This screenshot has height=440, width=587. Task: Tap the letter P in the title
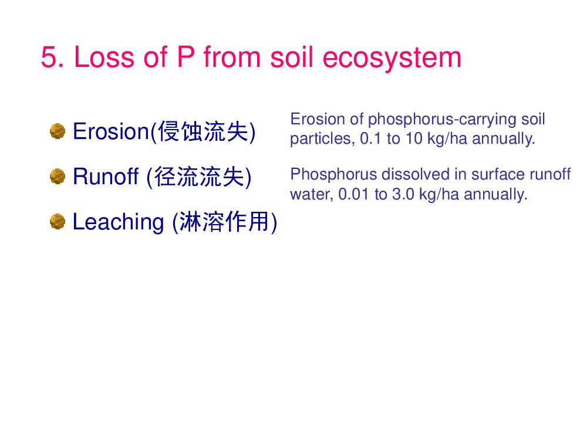(185, 57)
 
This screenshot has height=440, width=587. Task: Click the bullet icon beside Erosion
(58, 131)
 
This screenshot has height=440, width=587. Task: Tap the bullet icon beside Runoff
(58, 176)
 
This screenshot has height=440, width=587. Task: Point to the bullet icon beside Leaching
(58, 222)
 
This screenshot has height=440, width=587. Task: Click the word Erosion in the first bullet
(111, 131)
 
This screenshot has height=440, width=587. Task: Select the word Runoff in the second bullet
(106, 176)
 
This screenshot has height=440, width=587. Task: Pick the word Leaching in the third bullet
(119, 222)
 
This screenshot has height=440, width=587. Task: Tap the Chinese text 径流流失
(199, 177)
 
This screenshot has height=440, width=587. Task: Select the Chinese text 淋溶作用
(225, 222)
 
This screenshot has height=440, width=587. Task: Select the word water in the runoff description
(312, 195)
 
